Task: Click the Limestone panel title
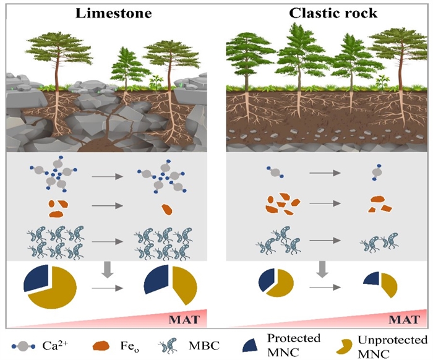(109, 13)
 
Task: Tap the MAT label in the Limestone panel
(186, 320)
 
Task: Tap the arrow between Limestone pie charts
(106, 288)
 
